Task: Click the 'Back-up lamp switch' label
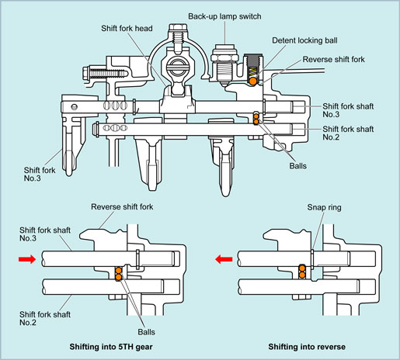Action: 224,16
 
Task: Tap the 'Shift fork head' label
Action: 127,28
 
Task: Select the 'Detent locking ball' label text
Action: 304,40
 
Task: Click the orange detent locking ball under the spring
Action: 252,81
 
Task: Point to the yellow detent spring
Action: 253,71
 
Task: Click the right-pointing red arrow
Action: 27,259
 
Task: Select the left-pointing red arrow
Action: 224,259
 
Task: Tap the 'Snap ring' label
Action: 324,207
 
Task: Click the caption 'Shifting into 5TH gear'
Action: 111,347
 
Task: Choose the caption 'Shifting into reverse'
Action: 307,347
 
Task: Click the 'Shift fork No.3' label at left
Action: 40,174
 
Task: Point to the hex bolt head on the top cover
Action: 178,27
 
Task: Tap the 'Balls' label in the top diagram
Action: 297,166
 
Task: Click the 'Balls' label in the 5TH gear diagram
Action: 146,332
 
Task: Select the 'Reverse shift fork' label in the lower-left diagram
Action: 122,207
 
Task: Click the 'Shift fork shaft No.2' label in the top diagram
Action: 348,133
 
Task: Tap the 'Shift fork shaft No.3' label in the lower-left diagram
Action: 45,234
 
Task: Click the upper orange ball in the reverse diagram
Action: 302,268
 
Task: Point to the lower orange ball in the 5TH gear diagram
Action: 118,277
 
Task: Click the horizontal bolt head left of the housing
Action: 86,73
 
